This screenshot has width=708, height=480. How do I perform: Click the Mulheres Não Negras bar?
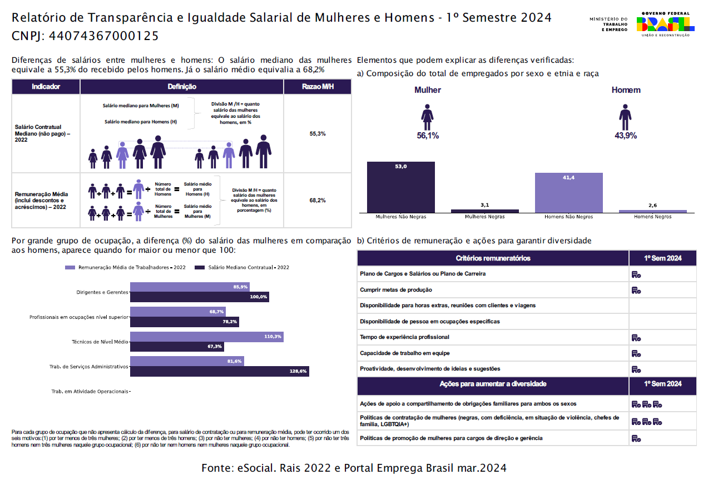[x=401, y=187]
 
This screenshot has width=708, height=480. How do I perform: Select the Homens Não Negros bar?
[x=568, y=192]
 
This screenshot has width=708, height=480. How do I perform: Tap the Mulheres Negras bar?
[x=484, y=211]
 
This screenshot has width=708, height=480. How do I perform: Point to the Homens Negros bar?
[x=652, y=211]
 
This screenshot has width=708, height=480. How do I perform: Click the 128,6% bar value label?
[x=299, y=371]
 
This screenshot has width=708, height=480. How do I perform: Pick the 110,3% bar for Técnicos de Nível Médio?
[x=206, y=337]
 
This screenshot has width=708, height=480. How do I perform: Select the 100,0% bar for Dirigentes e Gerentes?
[x=199, y=297]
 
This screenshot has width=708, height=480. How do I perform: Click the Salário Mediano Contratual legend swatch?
[x=200, y=268]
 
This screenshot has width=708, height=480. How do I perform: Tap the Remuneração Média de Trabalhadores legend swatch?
[x=70, y=268]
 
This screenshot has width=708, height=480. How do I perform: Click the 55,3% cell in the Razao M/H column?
[x=317, y=134]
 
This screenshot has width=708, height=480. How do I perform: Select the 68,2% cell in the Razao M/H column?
[x=317, y=200]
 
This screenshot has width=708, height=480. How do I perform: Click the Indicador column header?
[x=46, y=87]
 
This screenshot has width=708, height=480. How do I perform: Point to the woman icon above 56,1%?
[x=427, y=117]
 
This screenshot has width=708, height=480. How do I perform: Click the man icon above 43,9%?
[x=626, y=117]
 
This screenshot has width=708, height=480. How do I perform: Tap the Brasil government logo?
[x=665, y=24]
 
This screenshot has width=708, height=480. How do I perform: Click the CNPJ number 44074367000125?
[x=104, y=37]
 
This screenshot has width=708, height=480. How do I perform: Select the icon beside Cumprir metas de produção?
[x=636, y=290]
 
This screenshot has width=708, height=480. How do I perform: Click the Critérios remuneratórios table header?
[x=493, y=258]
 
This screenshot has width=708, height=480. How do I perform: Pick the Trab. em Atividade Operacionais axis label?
[x=90, y=392]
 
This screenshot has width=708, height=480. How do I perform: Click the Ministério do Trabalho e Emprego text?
[x=608, y=24]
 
